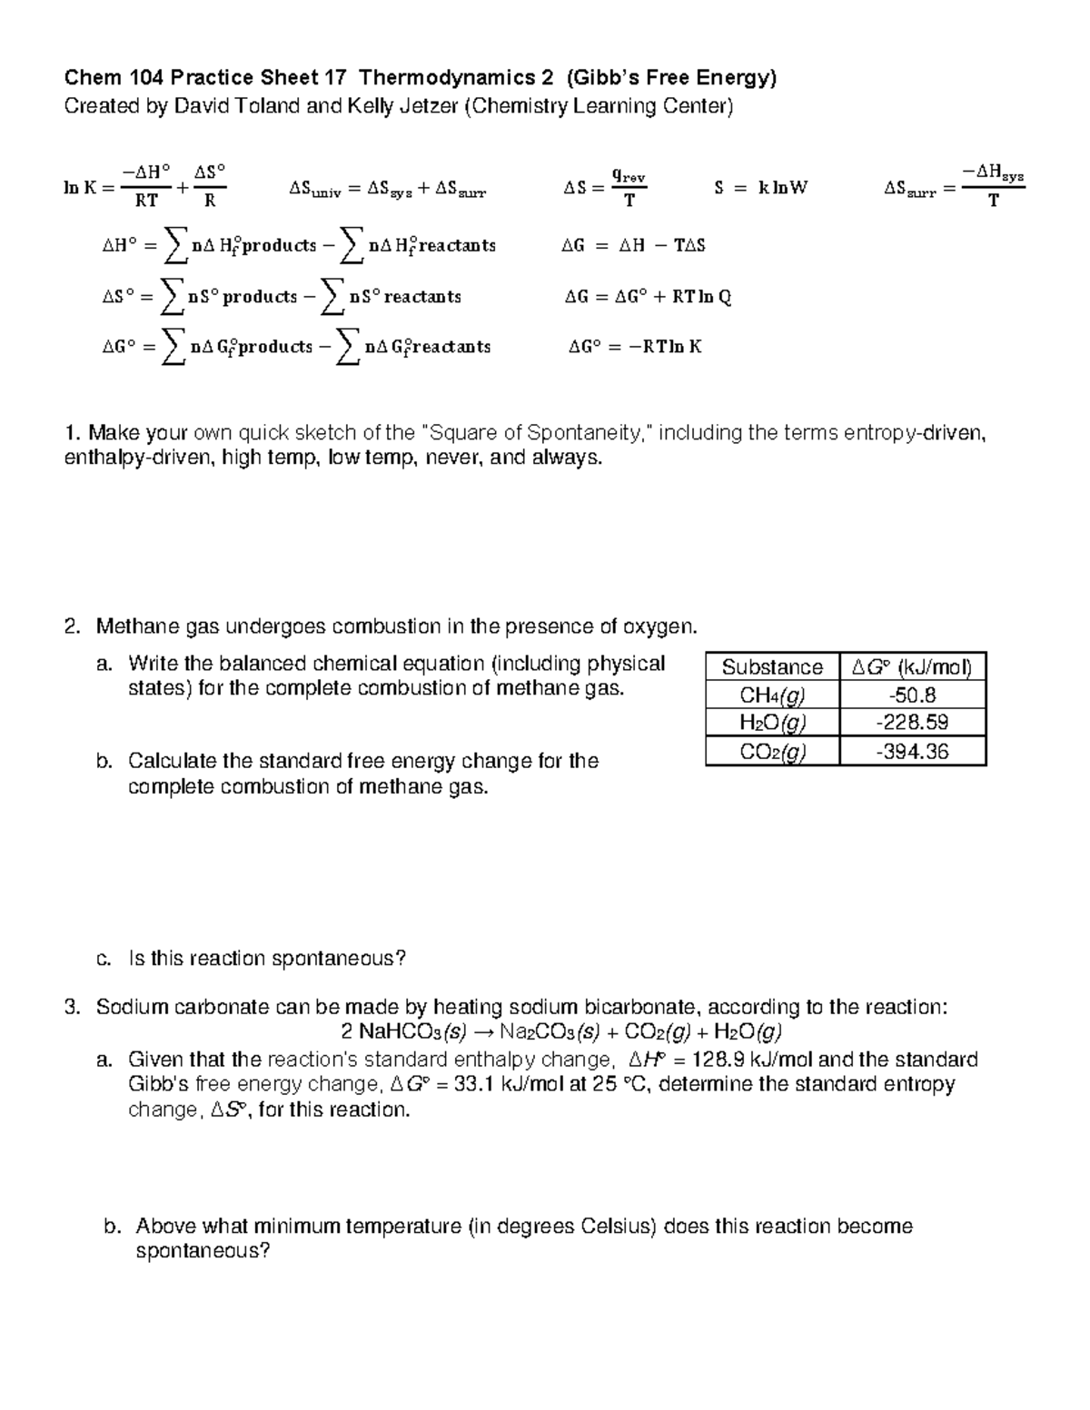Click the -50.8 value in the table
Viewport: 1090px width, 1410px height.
[x=913, y=695]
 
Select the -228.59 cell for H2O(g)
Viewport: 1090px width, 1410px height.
[x=913, y=723]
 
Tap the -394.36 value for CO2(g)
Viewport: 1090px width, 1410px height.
[x=913, y=751]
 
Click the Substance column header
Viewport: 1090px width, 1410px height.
[x=772, y=667]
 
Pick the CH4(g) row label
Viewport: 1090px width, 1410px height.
[x=773, y=695]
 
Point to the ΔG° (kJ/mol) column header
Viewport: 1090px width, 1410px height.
[x=913, y=667]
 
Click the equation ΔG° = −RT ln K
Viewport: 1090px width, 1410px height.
[x=635, y=346]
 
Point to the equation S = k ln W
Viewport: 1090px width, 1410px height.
[x=761, y=188]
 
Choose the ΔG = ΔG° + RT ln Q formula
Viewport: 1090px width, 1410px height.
[x=648, y=296]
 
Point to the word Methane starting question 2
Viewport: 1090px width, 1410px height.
[x=129, y=626]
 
